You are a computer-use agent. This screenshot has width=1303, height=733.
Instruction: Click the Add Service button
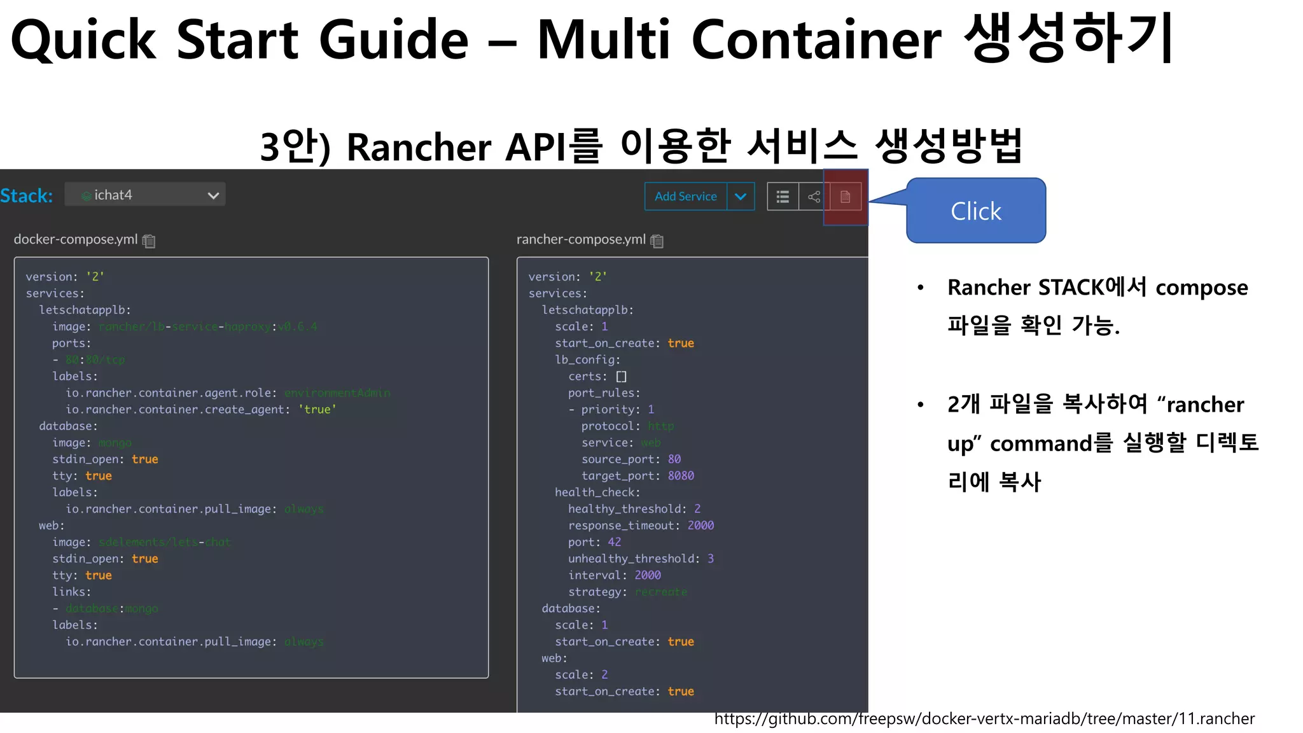coord(685,197)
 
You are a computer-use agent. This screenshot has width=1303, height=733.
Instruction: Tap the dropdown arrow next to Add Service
coord(741,197)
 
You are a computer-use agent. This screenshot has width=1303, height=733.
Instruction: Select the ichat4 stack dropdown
coord(145,195)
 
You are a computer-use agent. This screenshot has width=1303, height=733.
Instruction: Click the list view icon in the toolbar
coord(783,197)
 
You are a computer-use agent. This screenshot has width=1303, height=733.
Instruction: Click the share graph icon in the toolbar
coord(814,197)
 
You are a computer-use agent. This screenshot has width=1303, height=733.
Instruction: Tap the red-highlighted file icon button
coord(845,197)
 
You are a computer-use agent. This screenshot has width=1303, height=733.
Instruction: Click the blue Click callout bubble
coord(976,211)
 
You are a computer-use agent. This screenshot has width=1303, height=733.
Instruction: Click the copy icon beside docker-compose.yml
coord(149,241)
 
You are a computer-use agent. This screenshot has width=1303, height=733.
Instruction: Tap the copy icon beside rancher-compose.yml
coord(657,241)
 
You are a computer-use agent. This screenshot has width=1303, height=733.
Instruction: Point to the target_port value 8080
coord(681,475)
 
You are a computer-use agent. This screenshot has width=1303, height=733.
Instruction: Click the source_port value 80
coord(674,459)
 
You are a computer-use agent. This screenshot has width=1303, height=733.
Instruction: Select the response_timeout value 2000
coord(700,525)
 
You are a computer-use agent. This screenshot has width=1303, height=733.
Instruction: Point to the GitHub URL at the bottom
coord(984,719)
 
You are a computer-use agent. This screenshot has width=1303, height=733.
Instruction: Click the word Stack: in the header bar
coord(26,195)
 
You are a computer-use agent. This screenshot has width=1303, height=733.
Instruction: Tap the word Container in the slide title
coord(816,39)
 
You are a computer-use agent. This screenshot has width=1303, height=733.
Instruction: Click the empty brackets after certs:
coord(622,376)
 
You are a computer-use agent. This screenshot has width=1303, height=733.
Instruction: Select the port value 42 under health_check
coord(614,541)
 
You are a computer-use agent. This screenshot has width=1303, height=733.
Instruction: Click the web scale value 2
coord(604,674)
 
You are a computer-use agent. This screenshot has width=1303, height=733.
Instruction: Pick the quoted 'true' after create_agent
coord(317,409)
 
